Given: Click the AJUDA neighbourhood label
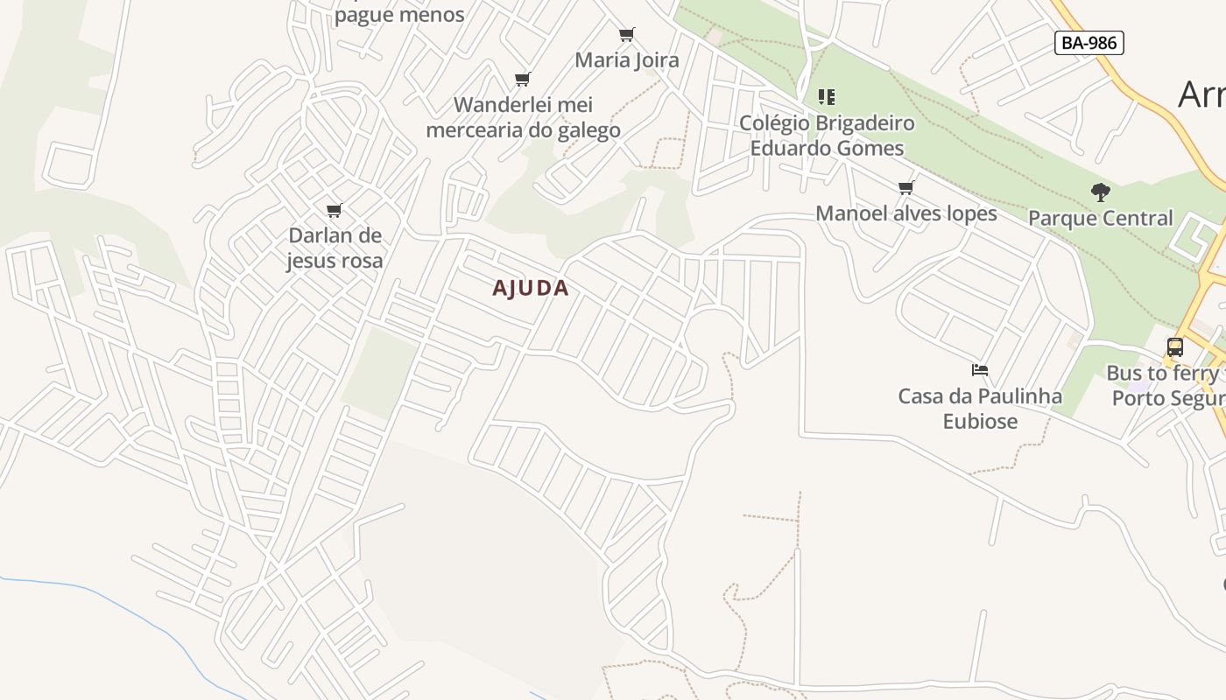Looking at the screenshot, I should coord(531,288).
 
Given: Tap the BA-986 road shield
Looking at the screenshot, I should coord(1089,43).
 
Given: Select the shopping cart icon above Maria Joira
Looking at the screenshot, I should coord(626,35).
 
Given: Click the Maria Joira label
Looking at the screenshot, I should coord(627,60).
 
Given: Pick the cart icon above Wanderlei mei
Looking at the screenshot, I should coord(523,80).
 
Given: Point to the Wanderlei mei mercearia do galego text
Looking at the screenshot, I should coord(523,117).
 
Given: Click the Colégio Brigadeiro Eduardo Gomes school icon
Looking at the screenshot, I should coord(827,96).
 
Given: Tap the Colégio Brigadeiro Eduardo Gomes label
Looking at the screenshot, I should coord(827,136).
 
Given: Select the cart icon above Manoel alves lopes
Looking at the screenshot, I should coord(906,187).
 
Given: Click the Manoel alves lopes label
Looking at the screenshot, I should coord(906,213).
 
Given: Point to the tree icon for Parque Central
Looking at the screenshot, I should coord(1101,192).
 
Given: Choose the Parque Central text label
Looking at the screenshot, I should coord(1101,218).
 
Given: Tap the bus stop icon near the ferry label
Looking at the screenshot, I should coord(1175,347).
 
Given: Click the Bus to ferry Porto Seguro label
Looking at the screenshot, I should coord(1165,386).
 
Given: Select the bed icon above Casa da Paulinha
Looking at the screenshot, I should coord(980,370).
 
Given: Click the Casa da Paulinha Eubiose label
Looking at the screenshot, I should coord(980,409).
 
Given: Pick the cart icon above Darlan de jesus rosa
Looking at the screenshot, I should coord(334,210).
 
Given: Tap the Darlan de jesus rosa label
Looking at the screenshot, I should coord(335,248).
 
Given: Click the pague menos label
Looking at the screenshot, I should coord(399,15).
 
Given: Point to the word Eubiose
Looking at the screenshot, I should coord(980,422).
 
